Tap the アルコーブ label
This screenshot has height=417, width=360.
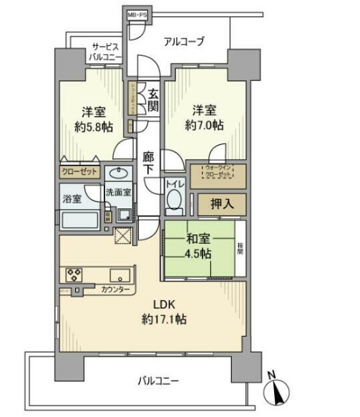coord(183,42)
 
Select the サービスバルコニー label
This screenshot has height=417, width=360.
coord(104,52)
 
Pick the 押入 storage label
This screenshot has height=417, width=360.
coord(222,203)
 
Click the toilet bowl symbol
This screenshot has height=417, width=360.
coord(175,202)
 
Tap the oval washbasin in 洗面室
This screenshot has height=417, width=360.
coord(117,174)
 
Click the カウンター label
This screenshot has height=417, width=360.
coord(116,289)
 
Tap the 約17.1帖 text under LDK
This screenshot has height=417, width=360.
coord(163,320)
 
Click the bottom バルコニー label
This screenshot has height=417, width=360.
coord(158,380)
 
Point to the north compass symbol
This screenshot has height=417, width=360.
coord(277,392)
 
